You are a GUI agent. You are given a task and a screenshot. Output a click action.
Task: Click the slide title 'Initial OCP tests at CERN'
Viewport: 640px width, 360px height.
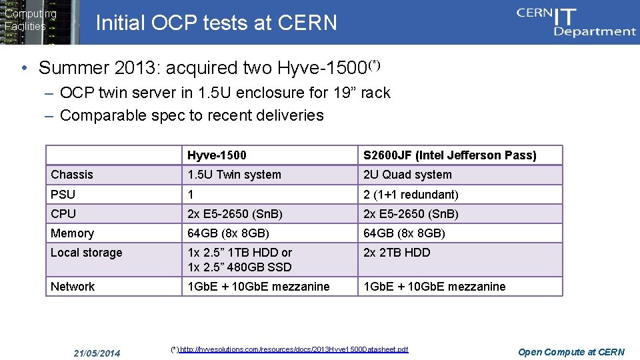[217, 23]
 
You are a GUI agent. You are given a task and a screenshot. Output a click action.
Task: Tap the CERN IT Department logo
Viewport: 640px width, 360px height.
[576, 22]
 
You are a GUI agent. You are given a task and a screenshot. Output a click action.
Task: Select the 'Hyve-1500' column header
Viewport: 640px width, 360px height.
[217, 155]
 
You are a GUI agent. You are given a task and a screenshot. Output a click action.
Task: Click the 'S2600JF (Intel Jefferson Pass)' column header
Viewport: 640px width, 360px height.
[449, 155]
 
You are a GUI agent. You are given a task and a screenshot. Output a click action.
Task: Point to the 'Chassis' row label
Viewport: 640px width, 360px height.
[72, 175]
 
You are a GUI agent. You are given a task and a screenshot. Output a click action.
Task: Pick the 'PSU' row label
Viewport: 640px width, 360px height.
[63, 195]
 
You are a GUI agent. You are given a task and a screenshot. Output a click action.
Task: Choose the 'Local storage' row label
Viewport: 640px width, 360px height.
[87, 253]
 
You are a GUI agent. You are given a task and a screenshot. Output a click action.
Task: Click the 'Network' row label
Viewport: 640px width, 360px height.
[73, 287]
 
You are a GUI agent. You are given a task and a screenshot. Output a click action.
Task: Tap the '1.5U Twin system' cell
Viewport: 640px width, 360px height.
[234, 175]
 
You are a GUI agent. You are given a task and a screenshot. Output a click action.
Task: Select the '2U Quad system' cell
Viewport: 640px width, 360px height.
[407, 175]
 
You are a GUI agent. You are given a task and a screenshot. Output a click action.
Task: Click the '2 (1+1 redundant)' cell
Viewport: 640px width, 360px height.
[411, 195]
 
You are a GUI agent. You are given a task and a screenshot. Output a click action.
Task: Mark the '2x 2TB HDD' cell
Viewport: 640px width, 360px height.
[397, 253]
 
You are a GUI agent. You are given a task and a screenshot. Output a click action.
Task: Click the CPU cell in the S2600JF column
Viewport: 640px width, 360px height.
[411, 214]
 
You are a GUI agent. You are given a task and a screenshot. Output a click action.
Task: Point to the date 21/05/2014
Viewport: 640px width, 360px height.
[97, 352]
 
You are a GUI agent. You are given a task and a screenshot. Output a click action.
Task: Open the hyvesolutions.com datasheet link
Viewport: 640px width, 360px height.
[293, 349]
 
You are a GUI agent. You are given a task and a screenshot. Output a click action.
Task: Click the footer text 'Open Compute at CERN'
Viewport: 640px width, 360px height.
[571, 352]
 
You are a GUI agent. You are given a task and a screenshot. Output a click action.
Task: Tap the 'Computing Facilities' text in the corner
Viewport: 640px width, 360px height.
[30, 20]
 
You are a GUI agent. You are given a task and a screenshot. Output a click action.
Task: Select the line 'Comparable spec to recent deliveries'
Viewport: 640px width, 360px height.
[191, 115]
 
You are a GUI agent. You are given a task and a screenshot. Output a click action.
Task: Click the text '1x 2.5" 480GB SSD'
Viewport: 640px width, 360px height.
[239, 267]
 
